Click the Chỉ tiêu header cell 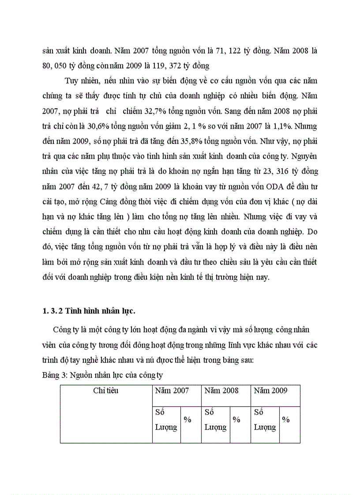pyautogui.click(x=105, y=391)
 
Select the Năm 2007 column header pyautogui.click(x=172, y=391)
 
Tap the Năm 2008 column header pyautogui.click(x=221, y=391)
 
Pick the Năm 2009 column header pyautogui.click(x=270, y=391)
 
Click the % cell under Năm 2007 pyautogui.click(x=187, y=420)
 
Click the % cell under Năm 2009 pyautogui.click(x=286, y=420)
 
